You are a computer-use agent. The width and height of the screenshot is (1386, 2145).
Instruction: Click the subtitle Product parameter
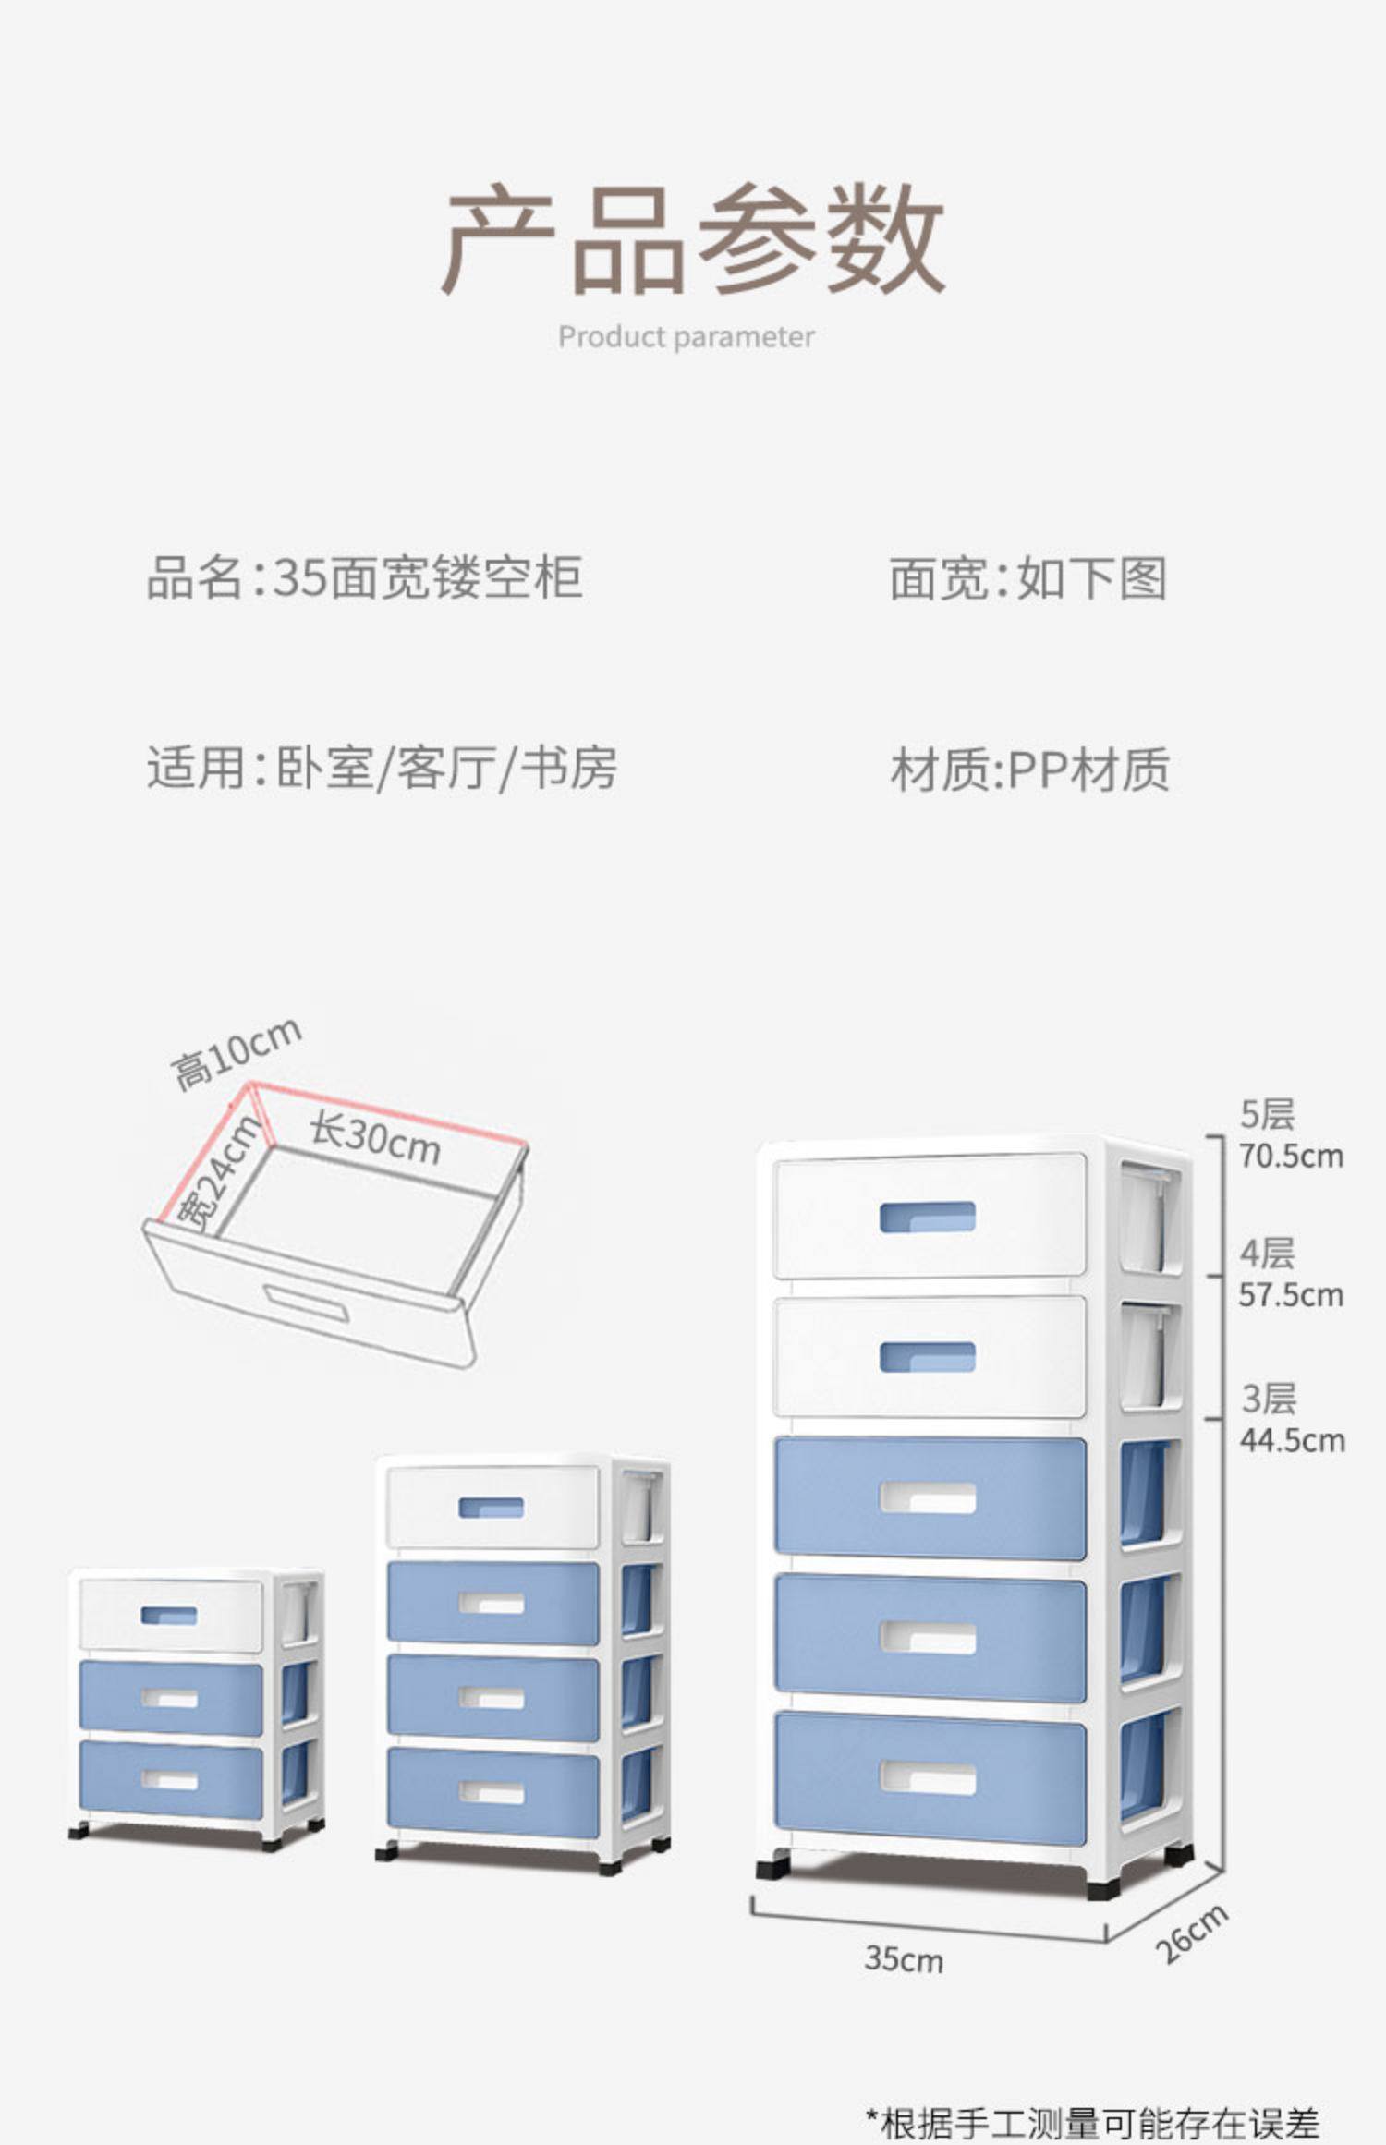686,337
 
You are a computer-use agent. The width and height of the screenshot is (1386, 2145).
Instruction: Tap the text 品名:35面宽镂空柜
364,577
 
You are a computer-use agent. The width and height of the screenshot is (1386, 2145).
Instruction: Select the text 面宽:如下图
1027,578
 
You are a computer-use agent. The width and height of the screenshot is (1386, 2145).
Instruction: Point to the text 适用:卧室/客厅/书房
382,768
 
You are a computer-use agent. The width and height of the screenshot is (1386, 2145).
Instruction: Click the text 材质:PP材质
1029,770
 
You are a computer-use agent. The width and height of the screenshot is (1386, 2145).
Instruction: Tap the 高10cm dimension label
237,1052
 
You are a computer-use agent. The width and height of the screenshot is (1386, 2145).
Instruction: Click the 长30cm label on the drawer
374,1139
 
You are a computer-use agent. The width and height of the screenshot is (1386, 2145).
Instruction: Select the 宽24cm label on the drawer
219,1174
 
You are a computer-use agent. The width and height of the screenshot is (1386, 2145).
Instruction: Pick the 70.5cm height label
1291,1156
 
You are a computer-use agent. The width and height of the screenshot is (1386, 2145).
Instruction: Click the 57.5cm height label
1291,1295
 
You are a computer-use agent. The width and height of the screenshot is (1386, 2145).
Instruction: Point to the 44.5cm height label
1292,1440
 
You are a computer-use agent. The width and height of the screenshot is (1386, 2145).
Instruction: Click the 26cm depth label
1192,1933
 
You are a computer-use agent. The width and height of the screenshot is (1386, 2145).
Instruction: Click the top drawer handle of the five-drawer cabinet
927,1217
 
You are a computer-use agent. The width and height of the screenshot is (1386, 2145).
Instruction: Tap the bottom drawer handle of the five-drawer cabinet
927,1778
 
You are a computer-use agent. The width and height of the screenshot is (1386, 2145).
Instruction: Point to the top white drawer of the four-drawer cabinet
492,1507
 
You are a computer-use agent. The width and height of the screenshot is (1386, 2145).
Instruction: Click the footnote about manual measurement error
1092,2122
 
